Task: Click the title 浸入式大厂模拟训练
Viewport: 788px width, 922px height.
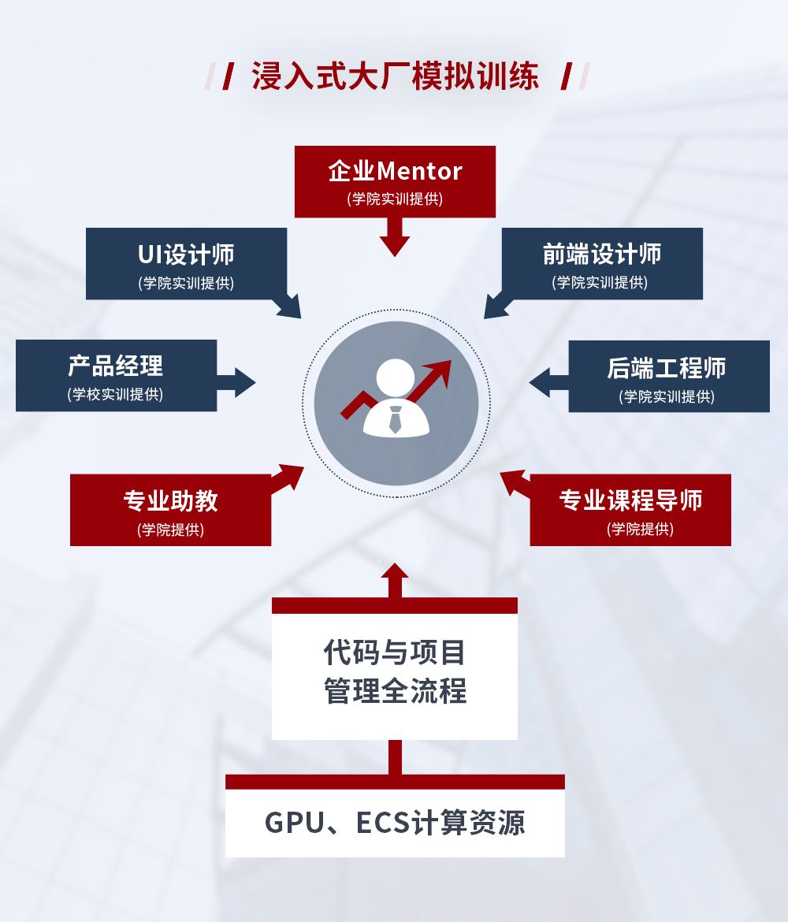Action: pos(396,77)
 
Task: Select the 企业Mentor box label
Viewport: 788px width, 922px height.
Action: pos(395,171)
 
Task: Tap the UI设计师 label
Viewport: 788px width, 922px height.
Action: pos(186,255)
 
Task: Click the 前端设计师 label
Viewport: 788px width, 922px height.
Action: pos(602,255)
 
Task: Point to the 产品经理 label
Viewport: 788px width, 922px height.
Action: pos(116,366)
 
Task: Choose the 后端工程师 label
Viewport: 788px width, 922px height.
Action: pos(667,368)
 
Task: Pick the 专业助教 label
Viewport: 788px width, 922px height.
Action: pos(170,500)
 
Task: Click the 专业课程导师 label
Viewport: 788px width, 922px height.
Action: pos(630,500)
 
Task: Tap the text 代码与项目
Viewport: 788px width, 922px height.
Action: pos(395,652)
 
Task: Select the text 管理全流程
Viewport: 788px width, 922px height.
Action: pos(395,691)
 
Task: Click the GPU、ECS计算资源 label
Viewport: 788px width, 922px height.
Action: pos(395,823)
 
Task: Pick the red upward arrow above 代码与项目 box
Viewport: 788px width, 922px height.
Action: pos(395,579)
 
